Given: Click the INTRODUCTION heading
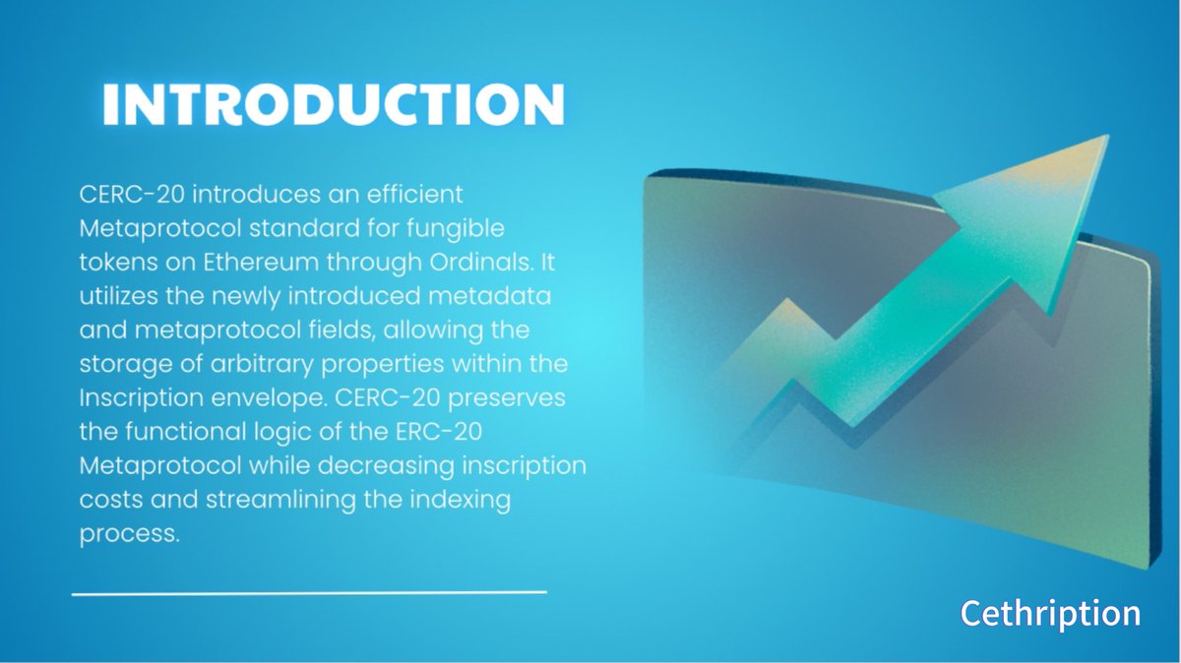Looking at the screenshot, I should tap(333, 104).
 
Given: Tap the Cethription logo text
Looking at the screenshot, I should tap(1050, 613).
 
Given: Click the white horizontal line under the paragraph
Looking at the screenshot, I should tap(309, 592).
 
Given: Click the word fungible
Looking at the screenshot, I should tap(460, 229).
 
